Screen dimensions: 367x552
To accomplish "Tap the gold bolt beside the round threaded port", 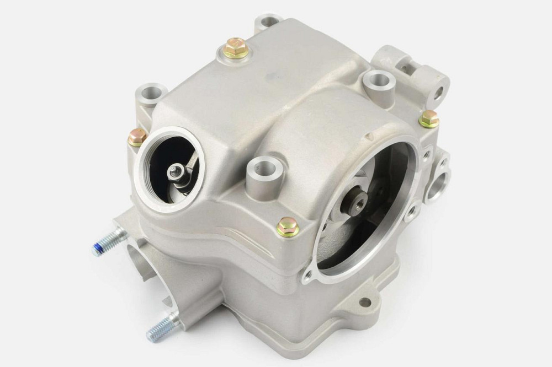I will point(136,137).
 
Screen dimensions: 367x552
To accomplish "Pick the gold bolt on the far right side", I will point(428,118).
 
